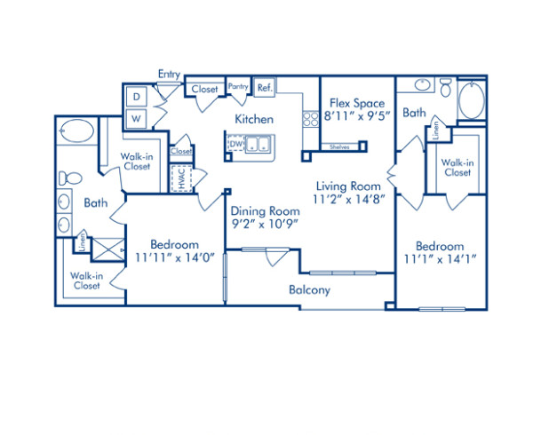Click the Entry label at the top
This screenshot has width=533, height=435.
169,74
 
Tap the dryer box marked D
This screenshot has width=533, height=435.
138,96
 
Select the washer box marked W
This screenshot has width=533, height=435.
138,116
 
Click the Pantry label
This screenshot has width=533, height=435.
237,87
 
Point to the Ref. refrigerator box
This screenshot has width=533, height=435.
264,88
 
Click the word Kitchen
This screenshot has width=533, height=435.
253,119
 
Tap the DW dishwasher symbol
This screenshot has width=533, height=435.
236,144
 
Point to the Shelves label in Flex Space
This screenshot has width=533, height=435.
338,146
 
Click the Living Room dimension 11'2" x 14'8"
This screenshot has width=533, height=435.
349,200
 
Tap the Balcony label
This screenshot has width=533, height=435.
309,289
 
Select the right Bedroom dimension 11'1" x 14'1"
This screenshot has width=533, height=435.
440,258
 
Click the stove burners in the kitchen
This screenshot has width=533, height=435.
311,119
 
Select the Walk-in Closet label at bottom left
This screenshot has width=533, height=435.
86,281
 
